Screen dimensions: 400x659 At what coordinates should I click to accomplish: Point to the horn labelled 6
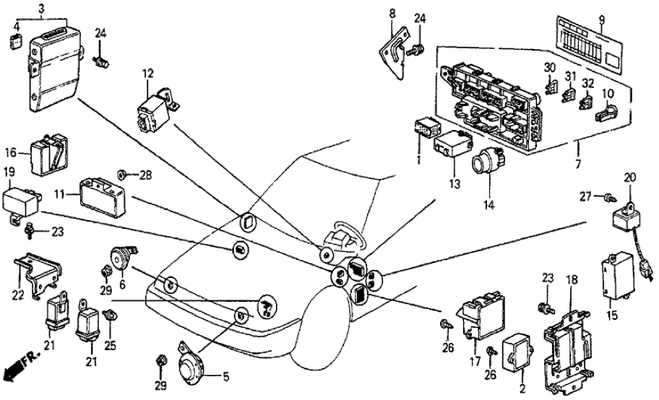(x=118, y=258)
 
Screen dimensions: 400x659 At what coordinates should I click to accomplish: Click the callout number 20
(x=629, y=177)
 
